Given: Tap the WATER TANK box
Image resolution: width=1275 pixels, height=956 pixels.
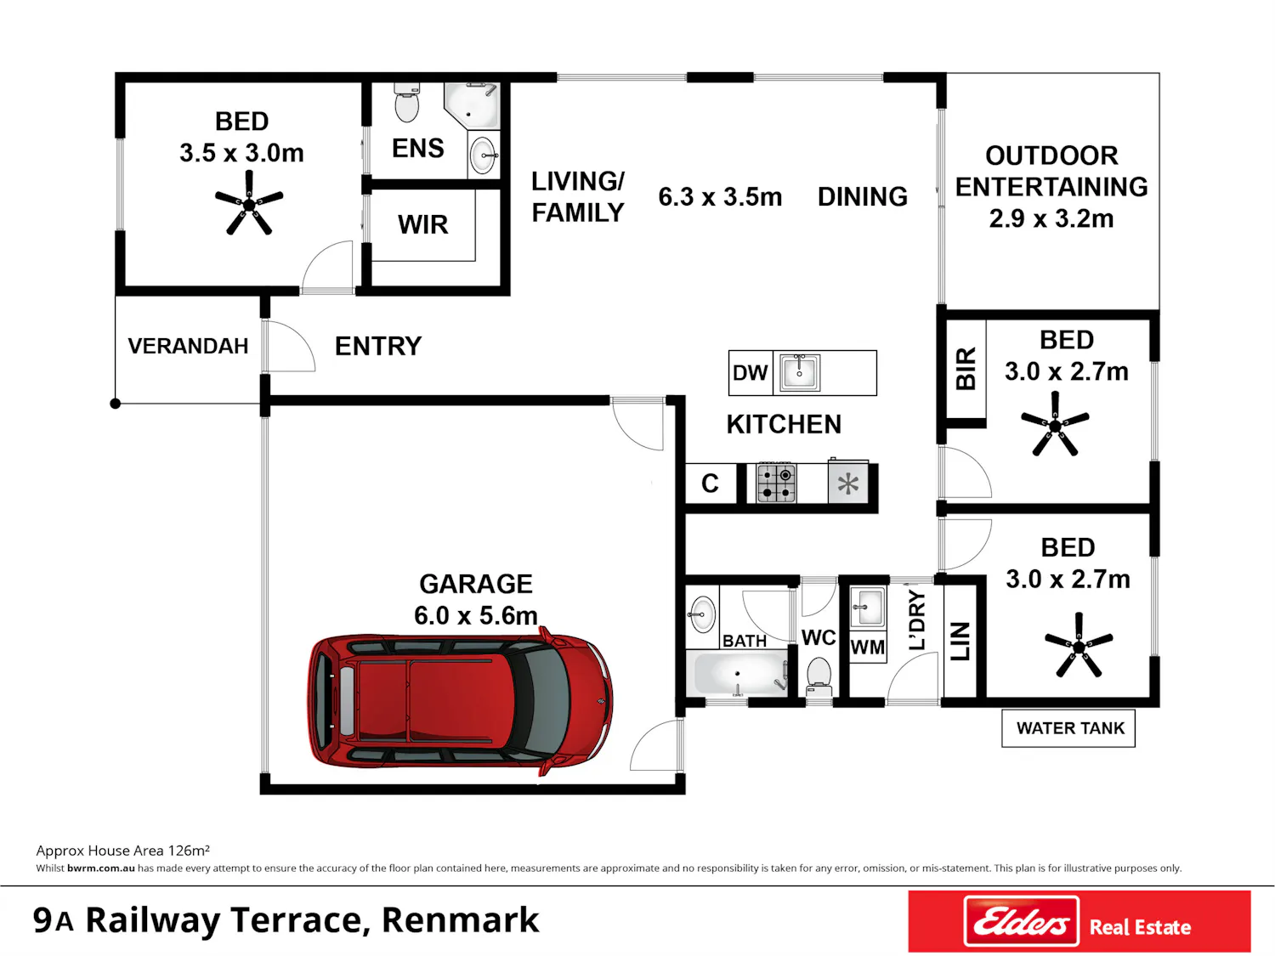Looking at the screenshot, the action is point(1068,728).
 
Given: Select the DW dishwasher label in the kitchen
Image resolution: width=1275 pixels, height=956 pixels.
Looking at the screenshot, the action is point(750,373).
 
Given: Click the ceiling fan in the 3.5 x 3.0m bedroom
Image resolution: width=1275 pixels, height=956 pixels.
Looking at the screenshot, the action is point(249,203).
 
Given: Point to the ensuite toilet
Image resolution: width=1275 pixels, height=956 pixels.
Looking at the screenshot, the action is point(406,102).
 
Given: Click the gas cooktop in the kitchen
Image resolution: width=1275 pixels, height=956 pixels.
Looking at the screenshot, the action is point(776,483).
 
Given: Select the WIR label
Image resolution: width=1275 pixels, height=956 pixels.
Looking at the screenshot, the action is point(422,224).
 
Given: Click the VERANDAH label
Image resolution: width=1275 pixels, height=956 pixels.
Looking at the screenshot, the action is point(188,346).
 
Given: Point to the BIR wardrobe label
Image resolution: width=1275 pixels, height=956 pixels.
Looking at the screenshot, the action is point(966,369).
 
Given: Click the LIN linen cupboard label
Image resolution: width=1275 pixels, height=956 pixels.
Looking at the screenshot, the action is point(960,641).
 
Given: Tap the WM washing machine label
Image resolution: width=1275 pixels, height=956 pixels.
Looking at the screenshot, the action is point(867,647).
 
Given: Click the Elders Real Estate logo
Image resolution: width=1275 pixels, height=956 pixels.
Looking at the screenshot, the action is point(1079,922).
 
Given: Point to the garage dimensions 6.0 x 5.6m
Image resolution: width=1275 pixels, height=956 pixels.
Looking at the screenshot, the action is point(476,615).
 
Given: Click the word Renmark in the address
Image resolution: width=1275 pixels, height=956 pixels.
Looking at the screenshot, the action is point(460,919).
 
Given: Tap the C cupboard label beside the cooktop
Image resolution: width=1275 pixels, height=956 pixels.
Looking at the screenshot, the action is point(710,483).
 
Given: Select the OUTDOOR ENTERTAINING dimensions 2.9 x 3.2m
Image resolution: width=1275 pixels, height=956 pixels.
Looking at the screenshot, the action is point(1051,218).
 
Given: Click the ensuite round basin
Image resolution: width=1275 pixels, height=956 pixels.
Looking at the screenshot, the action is point(482,156).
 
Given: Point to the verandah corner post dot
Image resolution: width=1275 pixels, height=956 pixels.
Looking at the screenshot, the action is point(115,404).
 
